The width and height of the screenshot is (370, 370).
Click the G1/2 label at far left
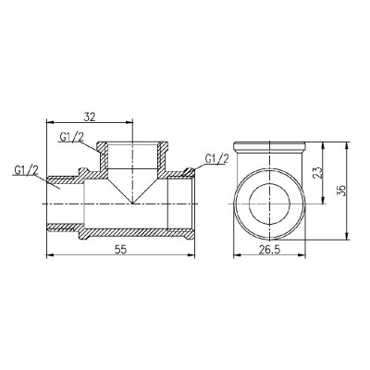(x=27, y=169)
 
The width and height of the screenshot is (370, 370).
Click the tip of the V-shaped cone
(x=134, y=203)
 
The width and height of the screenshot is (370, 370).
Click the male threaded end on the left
(x=63, y=203)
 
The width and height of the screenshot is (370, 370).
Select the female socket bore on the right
(x=180, y=203)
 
